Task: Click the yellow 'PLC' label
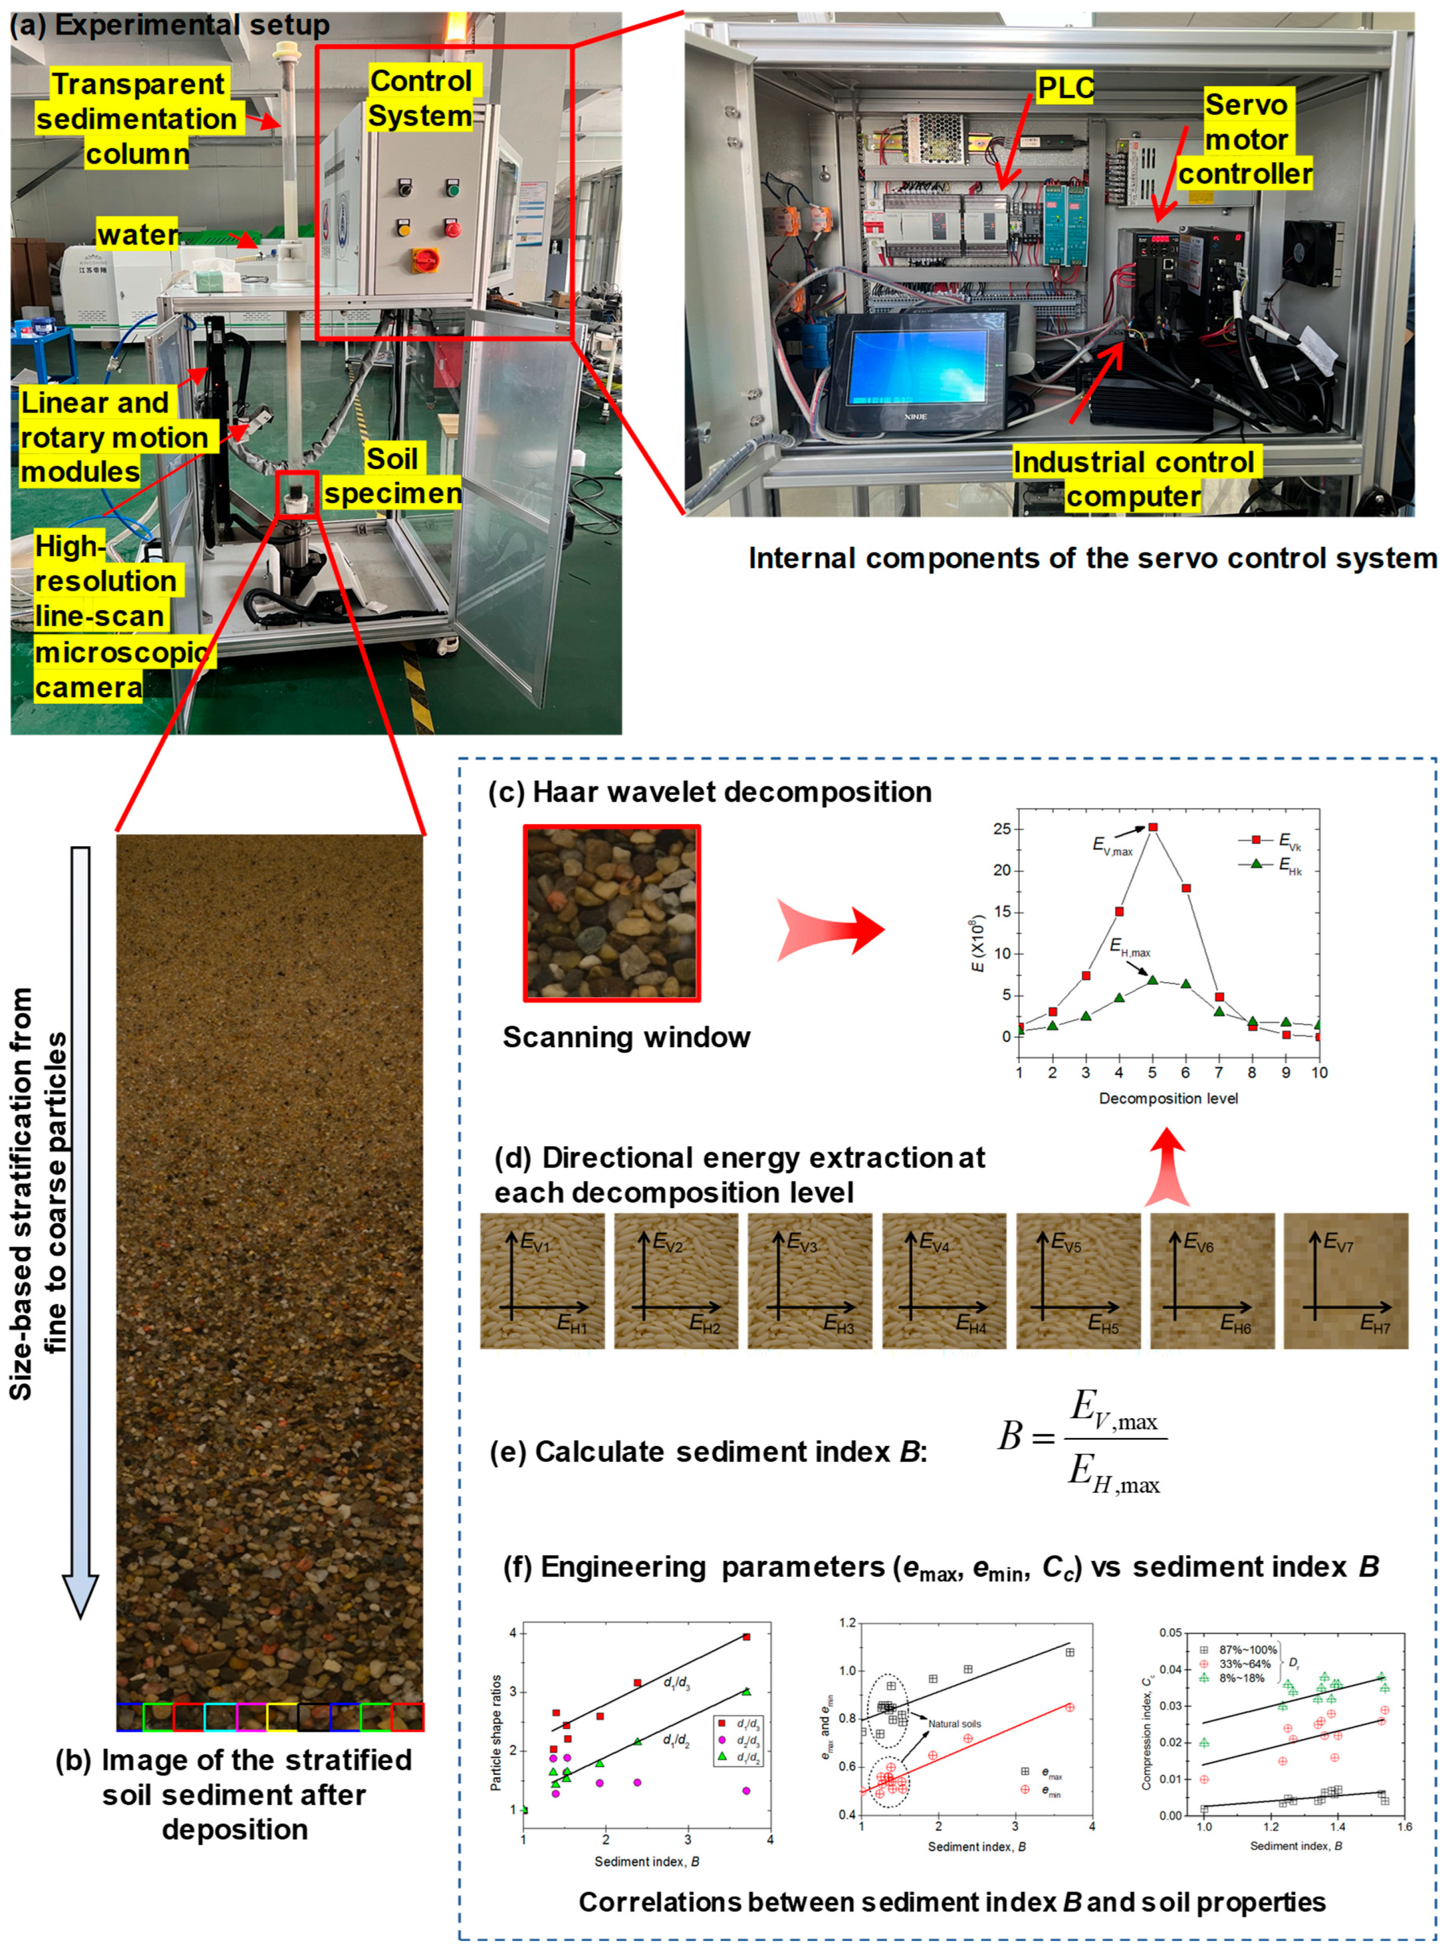pyautogui.click(x=1066, y=88)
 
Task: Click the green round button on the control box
pyautogui.click(x=453, y=188)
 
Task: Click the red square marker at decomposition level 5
pyautogui.click(x=1152, y=827)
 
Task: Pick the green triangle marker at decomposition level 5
pyautogui.click(x=1152, y=979)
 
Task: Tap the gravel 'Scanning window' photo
pyautogui.click(x=612, y=913)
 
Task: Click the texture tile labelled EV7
pyautogui.click(x=1346, y=1281)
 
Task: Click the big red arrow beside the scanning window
pyautogui.click(x=829, y=930)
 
